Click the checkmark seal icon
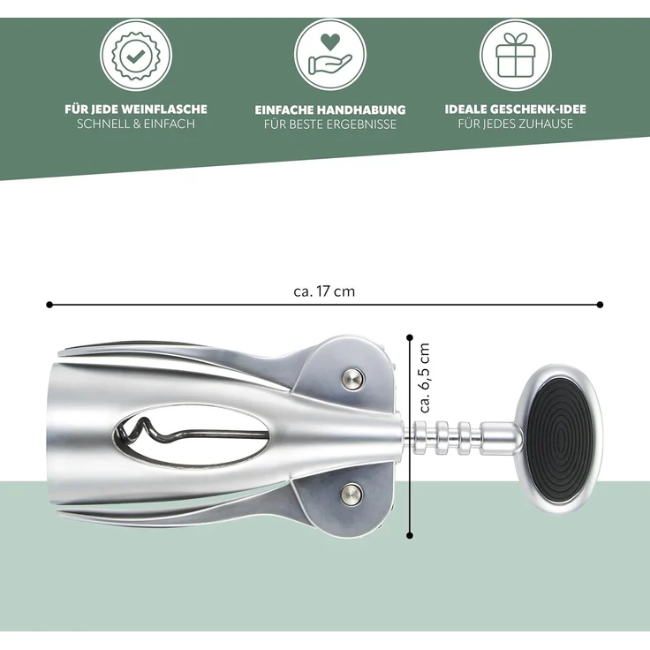136,55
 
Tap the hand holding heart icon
330,55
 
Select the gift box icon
516,55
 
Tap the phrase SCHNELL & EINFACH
136,124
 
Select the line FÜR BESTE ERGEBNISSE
330,125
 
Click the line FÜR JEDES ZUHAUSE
516,124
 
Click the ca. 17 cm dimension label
324,291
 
